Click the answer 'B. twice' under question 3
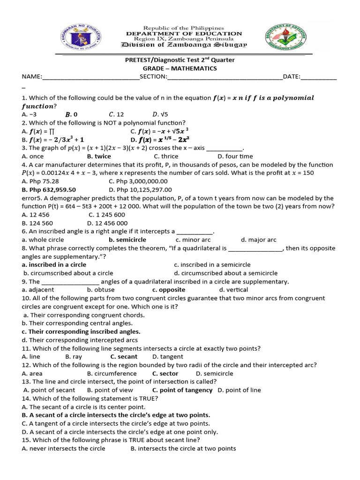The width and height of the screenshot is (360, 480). (99, 156)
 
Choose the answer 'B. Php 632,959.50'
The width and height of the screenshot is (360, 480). (49, 190)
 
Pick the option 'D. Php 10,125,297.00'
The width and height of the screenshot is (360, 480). (140, 190)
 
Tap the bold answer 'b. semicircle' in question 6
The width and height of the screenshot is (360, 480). (127, 240)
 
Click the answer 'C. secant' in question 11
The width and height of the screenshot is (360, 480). (124, 357)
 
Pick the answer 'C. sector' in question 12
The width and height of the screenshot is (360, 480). (165, 374)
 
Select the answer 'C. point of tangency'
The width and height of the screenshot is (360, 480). (182, 390)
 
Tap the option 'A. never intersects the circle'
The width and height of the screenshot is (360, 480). (64, 449)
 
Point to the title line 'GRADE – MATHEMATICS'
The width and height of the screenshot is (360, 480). (180, 68)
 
